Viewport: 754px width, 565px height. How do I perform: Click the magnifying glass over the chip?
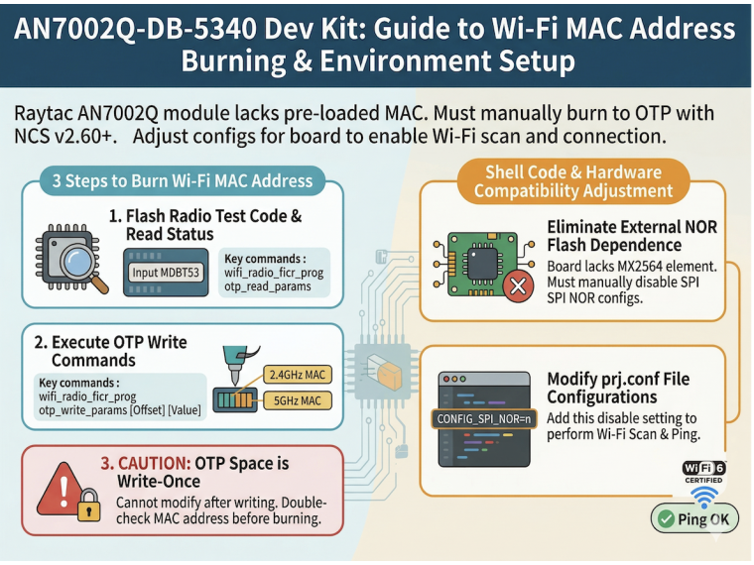(x=81, y=266)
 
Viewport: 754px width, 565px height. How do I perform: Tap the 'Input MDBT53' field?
(x=166, y=273)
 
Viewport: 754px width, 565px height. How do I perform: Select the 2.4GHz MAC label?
(x=298, y=375)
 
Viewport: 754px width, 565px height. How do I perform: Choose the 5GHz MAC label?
(x=298, y=400)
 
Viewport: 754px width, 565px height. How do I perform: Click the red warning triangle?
(x=62, y=489)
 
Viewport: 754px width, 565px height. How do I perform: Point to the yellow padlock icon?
(x=89, y=506)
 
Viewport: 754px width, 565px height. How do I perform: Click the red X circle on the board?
(x=518, y=286)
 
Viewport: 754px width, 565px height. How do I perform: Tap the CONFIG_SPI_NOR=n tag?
(x=483, y=419)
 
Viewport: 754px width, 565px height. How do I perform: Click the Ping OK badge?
(x=694, y=518)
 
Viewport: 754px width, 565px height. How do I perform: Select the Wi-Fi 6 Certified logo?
(x=704, y=472)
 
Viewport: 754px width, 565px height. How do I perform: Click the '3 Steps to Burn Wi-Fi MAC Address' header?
(x=183, y=180)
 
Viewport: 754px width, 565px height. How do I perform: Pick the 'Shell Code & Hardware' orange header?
(x=573, y=181)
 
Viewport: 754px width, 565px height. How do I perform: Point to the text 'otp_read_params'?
(x=267, y=286)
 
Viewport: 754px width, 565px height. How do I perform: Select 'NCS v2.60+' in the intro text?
(x=65, y=137)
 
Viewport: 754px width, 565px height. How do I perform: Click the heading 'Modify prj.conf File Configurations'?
(x=618, y=388)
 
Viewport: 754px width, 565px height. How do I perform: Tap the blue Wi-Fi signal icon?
(x=704, y=497)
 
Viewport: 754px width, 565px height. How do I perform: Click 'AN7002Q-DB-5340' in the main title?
(x=135, y=29)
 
